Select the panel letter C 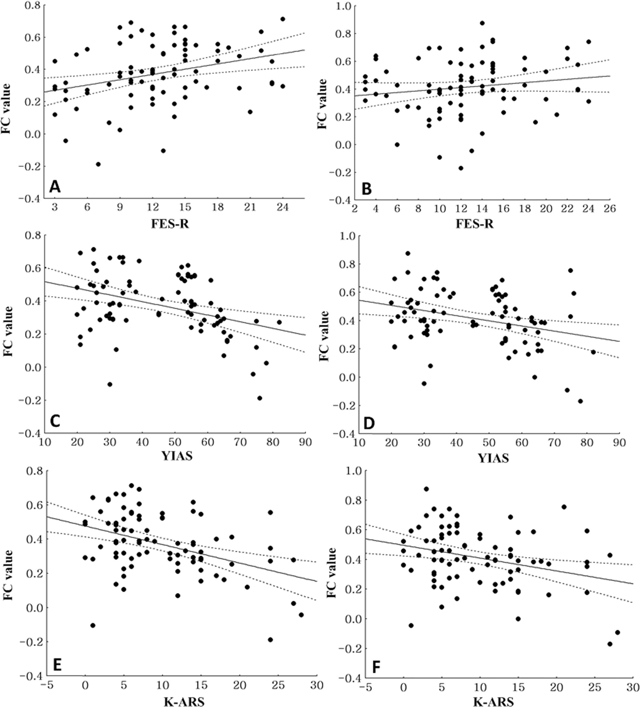click(55, 421)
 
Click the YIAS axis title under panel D click(493, 458)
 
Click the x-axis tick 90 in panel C click(305, 444)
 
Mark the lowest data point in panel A click(98, 164)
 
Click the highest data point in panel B click(482, 23)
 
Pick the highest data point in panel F click(426, 489)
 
